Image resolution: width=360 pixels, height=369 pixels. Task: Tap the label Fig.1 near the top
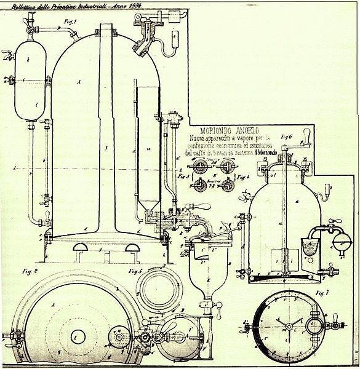(68, 21)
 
